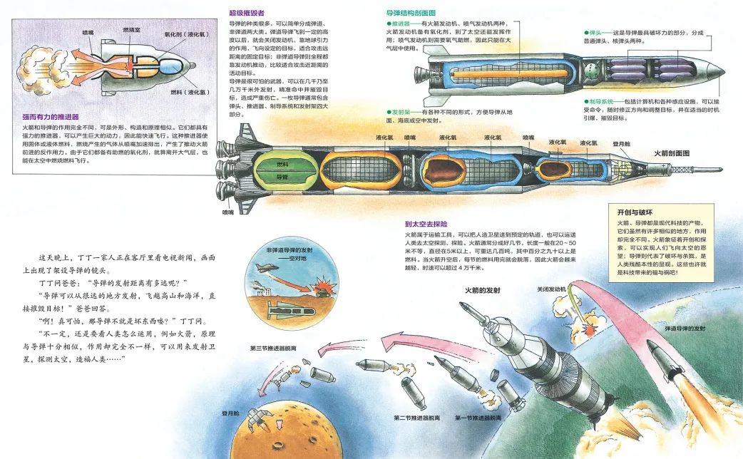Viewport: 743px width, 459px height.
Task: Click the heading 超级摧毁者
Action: [x=246, y=13]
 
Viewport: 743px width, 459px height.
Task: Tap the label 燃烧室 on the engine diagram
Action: [x=131, y=30]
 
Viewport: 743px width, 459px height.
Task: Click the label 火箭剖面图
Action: [x=671, y=153]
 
